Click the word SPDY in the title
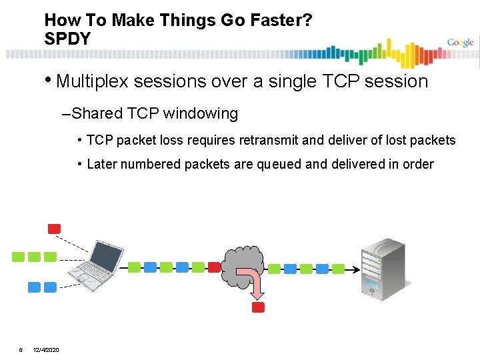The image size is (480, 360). (67, 39)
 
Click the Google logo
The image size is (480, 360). (460, 43)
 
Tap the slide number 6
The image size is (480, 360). (21, 349)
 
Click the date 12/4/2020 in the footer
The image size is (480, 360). (45, 349)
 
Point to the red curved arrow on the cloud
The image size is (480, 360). (254, 281)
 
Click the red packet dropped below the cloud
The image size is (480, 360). (259, 307)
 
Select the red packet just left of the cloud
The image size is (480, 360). (214, 267)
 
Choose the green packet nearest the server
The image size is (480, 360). (339, 269)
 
